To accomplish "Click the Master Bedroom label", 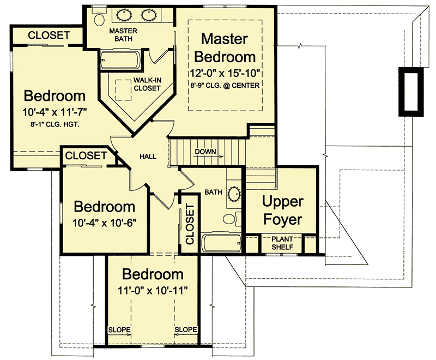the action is click(x=225, y=48).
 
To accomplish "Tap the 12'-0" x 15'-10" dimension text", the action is click(x=225, y=73).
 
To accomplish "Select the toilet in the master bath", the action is click(x=99, y=17).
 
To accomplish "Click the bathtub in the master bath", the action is click(x=120, y=60).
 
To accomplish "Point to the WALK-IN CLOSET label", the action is click(x=147, y=84).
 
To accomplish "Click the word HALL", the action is click(x=148, y=157).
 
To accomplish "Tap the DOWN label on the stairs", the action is click(x=205, y=152).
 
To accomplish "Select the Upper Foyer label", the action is click(x=282, y=211).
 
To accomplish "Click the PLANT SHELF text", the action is click(x=282, y=243).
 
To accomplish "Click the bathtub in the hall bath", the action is click(x=221, y=243).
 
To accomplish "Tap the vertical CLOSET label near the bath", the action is click(x=190, y=224).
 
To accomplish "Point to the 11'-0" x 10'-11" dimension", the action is click(x=153, y=291).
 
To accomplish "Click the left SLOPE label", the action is click(x=119, y=329).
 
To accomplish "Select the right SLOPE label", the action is click(x=186, y=329).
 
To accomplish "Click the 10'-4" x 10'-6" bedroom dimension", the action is click(x=104, y=223).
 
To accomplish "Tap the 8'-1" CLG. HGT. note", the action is click(x=55, y=125).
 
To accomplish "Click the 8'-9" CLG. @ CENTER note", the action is click(x=225, y=86).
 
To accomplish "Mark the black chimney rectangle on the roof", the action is click(x=411, y=92).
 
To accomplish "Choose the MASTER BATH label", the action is click(x=123, y=35).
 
